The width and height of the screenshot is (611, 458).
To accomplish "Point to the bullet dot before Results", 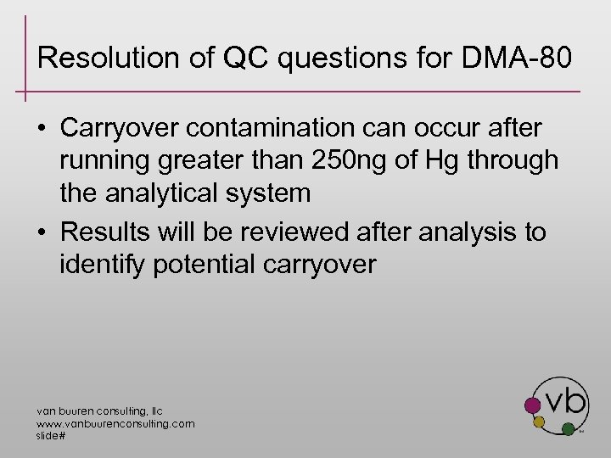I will [41, 232].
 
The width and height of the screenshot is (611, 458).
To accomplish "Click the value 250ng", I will [366, 160].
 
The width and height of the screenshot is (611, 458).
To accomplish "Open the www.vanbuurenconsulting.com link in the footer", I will [115, 423].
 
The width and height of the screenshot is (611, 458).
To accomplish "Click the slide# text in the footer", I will [51, 435].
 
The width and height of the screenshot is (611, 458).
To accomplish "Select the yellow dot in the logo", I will [538, 422].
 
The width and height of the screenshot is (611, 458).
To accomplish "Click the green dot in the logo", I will [568, 430].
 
